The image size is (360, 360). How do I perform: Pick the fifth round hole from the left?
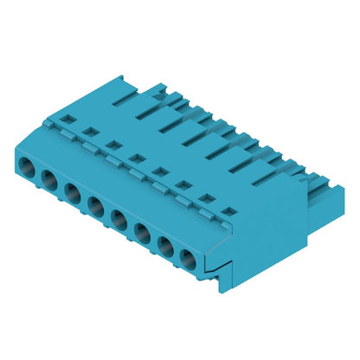tap(119, 217)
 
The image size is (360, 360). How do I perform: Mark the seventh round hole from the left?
tap(165, 242)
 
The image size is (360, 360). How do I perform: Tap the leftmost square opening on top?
tap(66, 119)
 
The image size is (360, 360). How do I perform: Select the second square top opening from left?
tap(89, 132)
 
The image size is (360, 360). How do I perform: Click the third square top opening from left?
tap(112, 144)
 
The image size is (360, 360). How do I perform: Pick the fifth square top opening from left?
tap(159, 170)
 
